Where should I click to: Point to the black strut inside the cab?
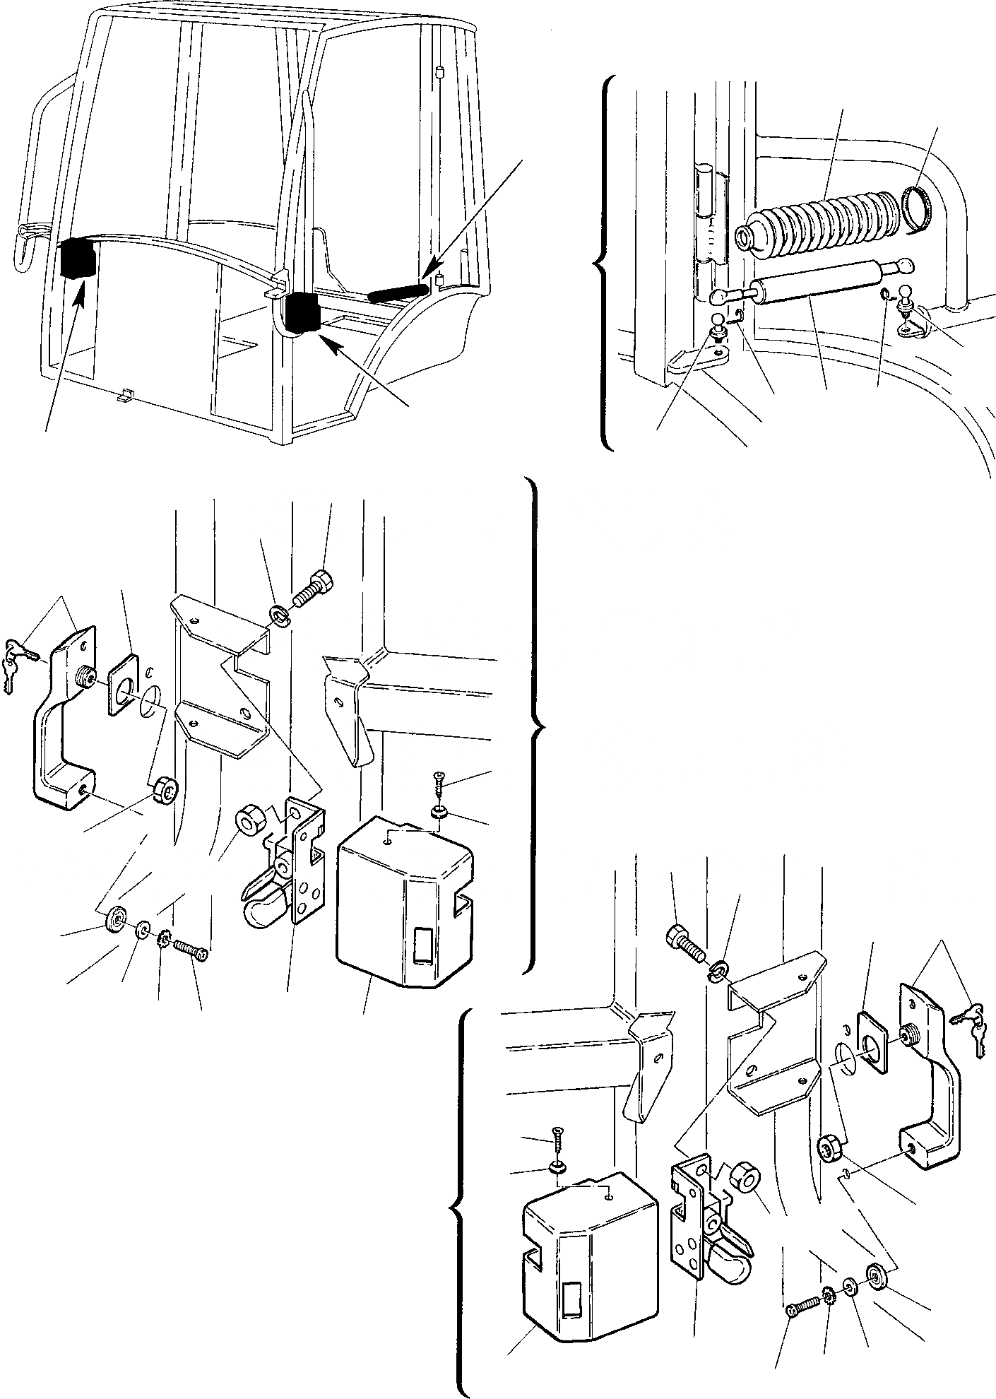pos(398,293)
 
